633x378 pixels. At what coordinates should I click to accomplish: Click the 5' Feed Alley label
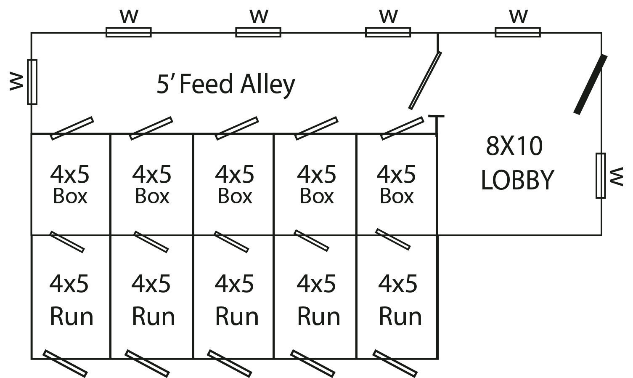pos(226,84)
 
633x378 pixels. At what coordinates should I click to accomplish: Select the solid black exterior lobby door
pos(591,84)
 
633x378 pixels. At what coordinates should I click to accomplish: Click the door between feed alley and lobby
pos(425,80)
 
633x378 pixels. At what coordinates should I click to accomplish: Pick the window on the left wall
pos(32,82)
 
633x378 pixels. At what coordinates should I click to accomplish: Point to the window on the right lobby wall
pos(601,176)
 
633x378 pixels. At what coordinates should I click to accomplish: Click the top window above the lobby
pos(518,32)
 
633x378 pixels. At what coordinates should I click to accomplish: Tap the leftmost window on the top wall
pos(128,32)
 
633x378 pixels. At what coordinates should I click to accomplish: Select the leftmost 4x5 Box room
pos(70,184)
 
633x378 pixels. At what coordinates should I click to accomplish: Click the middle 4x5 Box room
pos(234,184)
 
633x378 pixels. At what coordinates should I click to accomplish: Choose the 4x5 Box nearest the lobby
pos(396,184)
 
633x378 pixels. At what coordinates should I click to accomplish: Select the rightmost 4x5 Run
pos(399,299)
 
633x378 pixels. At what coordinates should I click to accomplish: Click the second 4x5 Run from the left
pos(153,299)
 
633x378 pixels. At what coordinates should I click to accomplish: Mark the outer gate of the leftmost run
pos(65,363)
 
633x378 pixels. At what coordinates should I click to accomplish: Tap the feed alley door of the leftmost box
pos(72,128)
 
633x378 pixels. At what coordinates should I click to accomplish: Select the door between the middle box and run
pos(231,242)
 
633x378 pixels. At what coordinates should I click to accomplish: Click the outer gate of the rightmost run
pos(395,363)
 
